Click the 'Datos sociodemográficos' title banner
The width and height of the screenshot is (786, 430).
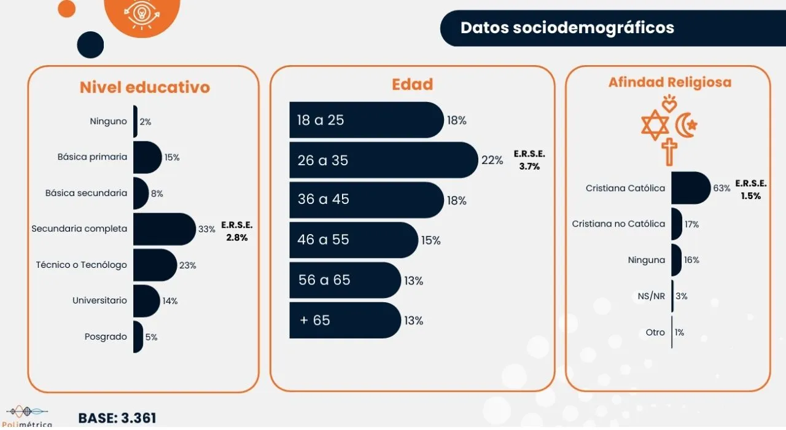[x=567, y=28]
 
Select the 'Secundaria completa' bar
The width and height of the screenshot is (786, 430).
[x=163, y=229]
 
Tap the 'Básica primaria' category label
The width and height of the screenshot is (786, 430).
[x=92, y=157]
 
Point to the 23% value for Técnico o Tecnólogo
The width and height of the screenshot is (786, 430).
[x=188, y=265]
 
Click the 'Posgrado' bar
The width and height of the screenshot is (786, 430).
[x=138, y=337]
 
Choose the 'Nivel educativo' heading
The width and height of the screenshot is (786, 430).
[x=145, y=87]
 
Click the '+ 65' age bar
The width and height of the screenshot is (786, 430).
[x=344, y=320]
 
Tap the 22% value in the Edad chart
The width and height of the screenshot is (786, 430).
[x=492, y=160]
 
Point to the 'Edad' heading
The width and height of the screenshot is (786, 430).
[x=413, y=84]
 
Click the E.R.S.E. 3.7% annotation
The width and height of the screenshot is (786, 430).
[x=529, y=160]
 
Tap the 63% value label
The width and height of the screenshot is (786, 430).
[x=722, y=188]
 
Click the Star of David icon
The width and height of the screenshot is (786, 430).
[x=655, y=125]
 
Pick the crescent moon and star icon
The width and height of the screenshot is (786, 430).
[x=686, y=126]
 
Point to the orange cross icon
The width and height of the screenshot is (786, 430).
[x=669, y=151]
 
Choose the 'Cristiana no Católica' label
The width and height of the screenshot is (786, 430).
[x=618, y=224]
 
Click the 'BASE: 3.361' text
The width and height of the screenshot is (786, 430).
[x=117, y=418]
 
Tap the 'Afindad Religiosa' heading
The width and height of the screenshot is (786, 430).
[x=669, y=82]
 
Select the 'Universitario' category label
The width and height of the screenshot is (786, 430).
[x=99, y=300]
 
